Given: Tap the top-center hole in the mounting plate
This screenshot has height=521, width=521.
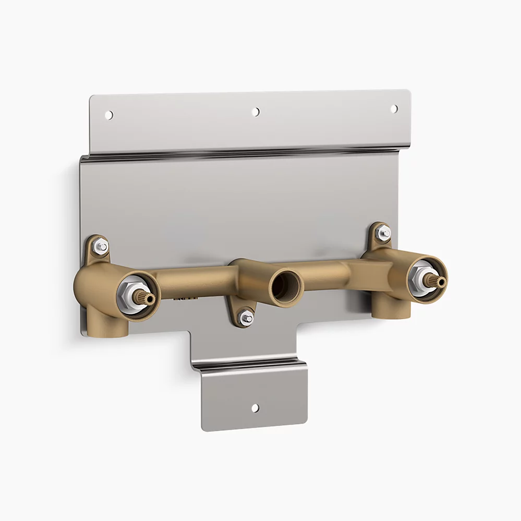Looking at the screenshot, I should [x=256, y=112].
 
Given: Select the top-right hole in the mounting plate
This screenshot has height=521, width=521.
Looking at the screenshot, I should [x=394, y=108].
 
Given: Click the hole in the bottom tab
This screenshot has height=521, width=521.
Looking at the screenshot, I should [x=255, y=408].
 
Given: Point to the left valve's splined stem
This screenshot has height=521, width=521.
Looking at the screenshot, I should [x=144, y=298].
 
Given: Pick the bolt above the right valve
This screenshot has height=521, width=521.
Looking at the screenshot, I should [x=384, y=232].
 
